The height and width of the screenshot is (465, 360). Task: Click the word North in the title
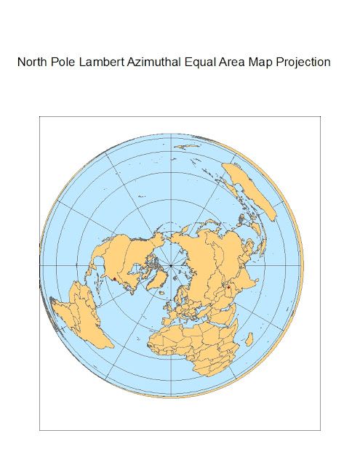click(x=33, y=62)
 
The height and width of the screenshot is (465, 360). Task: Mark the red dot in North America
click(x=115, y=278)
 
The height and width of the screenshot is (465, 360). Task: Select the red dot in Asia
click(x=228, y=288)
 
